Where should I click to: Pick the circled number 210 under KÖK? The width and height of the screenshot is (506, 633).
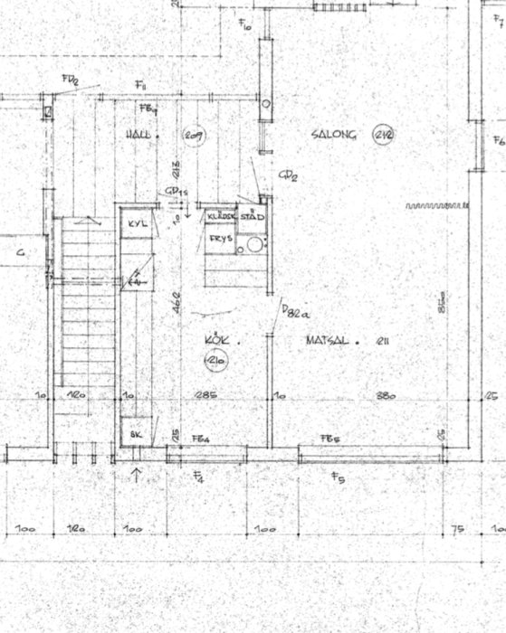[215, 364]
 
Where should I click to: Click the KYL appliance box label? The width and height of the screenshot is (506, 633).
[138, 223]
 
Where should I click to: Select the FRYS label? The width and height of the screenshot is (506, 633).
[221, 239]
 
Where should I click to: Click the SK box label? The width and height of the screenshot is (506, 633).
[136, 434]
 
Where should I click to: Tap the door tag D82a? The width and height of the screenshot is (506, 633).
[295, 312]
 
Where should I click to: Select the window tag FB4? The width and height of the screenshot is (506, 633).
[201, 439]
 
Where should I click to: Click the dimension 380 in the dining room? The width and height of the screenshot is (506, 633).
[387, 395]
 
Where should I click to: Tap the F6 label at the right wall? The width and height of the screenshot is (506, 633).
[498, 141]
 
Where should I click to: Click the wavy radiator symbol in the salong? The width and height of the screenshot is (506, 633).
[431, 206]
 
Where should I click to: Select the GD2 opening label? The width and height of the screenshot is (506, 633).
[288, 175]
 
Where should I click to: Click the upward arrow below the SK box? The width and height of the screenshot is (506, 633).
[137, 473]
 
